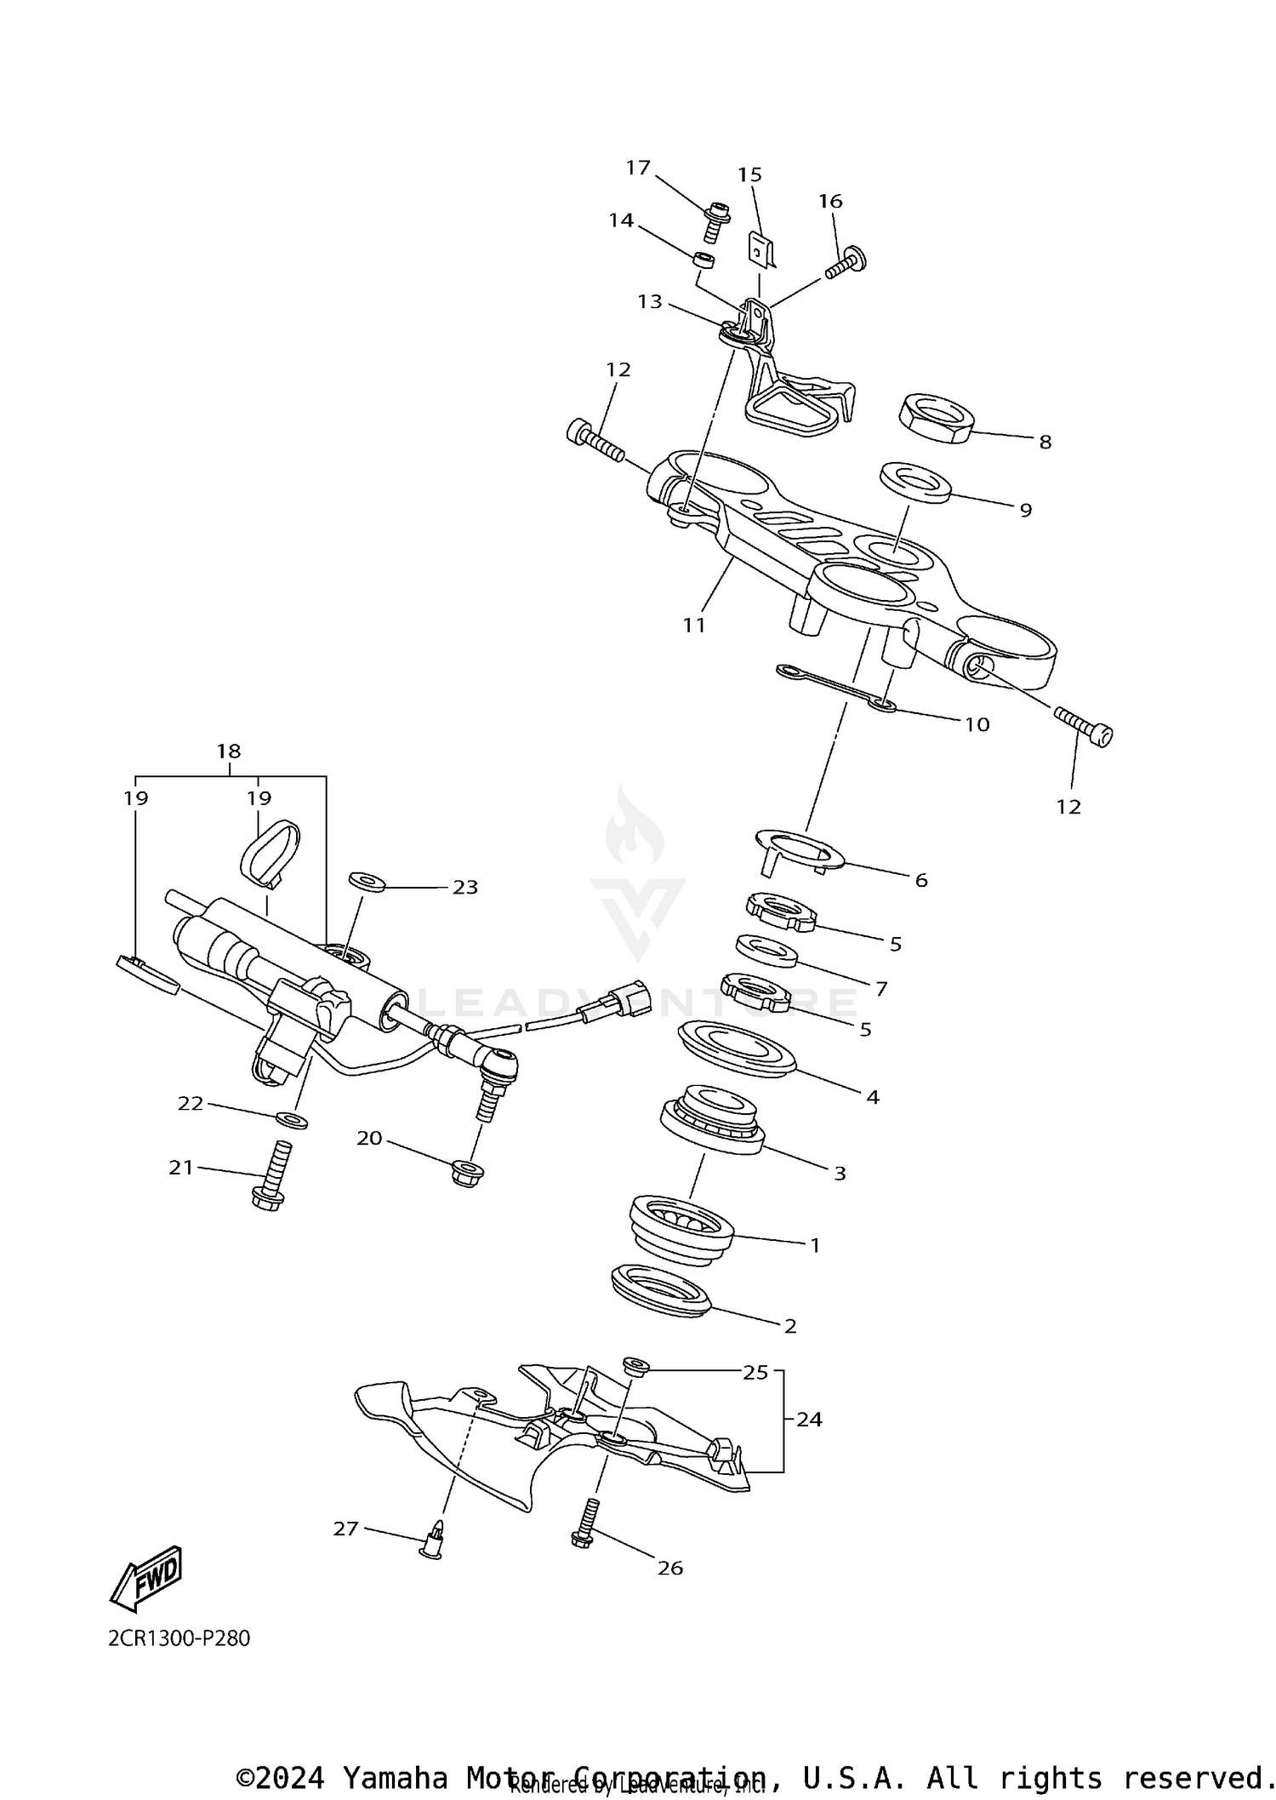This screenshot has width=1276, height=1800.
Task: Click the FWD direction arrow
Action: click(x=146, y=1577)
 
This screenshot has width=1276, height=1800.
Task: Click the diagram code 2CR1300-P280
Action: click(x=179, y=1638)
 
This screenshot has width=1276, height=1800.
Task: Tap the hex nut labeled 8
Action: click(x=936, y=417)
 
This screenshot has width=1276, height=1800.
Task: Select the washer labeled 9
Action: click(x=914, y=482)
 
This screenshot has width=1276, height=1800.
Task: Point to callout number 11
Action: click(x=694, y=625)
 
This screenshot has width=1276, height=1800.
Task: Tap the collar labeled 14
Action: click(x=704, y=259)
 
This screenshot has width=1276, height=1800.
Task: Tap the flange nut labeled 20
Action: click(x=467, y=1172)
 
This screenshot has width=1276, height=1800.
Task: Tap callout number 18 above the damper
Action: click(x=229, y=751)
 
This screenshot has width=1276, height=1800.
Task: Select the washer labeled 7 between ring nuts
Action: click(x=766, y=951)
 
